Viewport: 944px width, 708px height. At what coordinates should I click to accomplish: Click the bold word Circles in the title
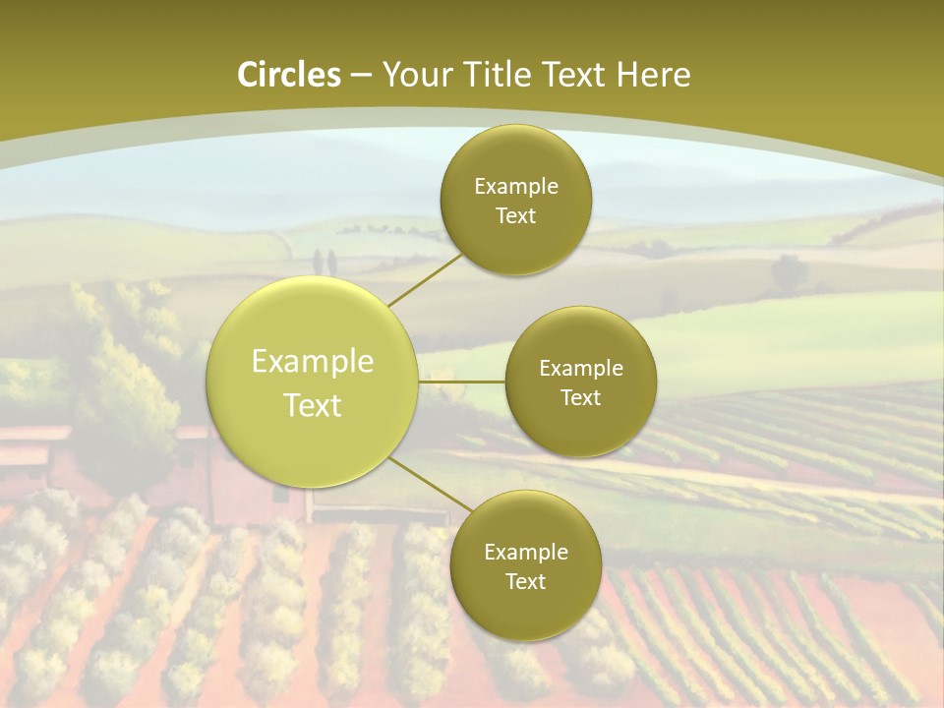[x=289, y=75]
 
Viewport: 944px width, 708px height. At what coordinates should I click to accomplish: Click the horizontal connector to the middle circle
[x=461, y=381]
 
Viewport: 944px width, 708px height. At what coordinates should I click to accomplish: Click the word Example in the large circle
[x=313, y=362]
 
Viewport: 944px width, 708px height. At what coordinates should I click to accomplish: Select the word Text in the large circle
[x=313, y=405]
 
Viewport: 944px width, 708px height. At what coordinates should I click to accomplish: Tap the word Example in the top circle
[x=516, y=186]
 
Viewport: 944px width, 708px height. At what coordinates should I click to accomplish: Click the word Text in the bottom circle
[x=526, y=581]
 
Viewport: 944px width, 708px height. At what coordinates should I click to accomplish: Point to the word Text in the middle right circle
[x=580, y=397]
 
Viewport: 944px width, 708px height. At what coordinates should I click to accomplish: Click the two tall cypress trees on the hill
[x=324, y=262]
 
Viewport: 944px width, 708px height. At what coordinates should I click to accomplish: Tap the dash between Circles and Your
[x=360, y=75]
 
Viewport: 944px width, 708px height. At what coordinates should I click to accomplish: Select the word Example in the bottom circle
[x=526, y=552]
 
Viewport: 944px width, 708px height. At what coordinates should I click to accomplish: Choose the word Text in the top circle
[x=516, y=215]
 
